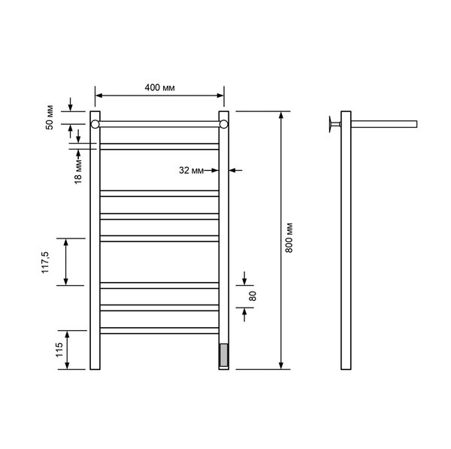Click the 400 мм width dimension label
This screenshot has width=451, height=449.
click(159, 87)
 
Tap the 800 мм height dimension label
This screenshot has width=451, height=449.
click(289, 238)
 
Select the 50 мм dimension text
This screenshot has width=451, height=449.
click(50, 118)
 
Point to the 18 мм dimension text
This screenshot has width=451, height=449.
click(78, 171)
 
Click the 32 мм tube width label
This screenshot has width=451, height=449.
click(191, 171)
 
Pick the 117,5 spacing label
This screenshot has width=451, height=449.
click(45, 262)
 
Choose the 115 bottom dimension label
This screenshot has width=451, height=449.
click(59, 350)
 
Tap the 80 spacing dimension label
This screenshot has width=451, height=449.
click(253, 296)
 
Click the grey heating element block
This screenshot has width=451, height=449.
click(223, 355)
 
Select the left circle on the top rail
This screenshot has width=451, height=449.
click(95, 124)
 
